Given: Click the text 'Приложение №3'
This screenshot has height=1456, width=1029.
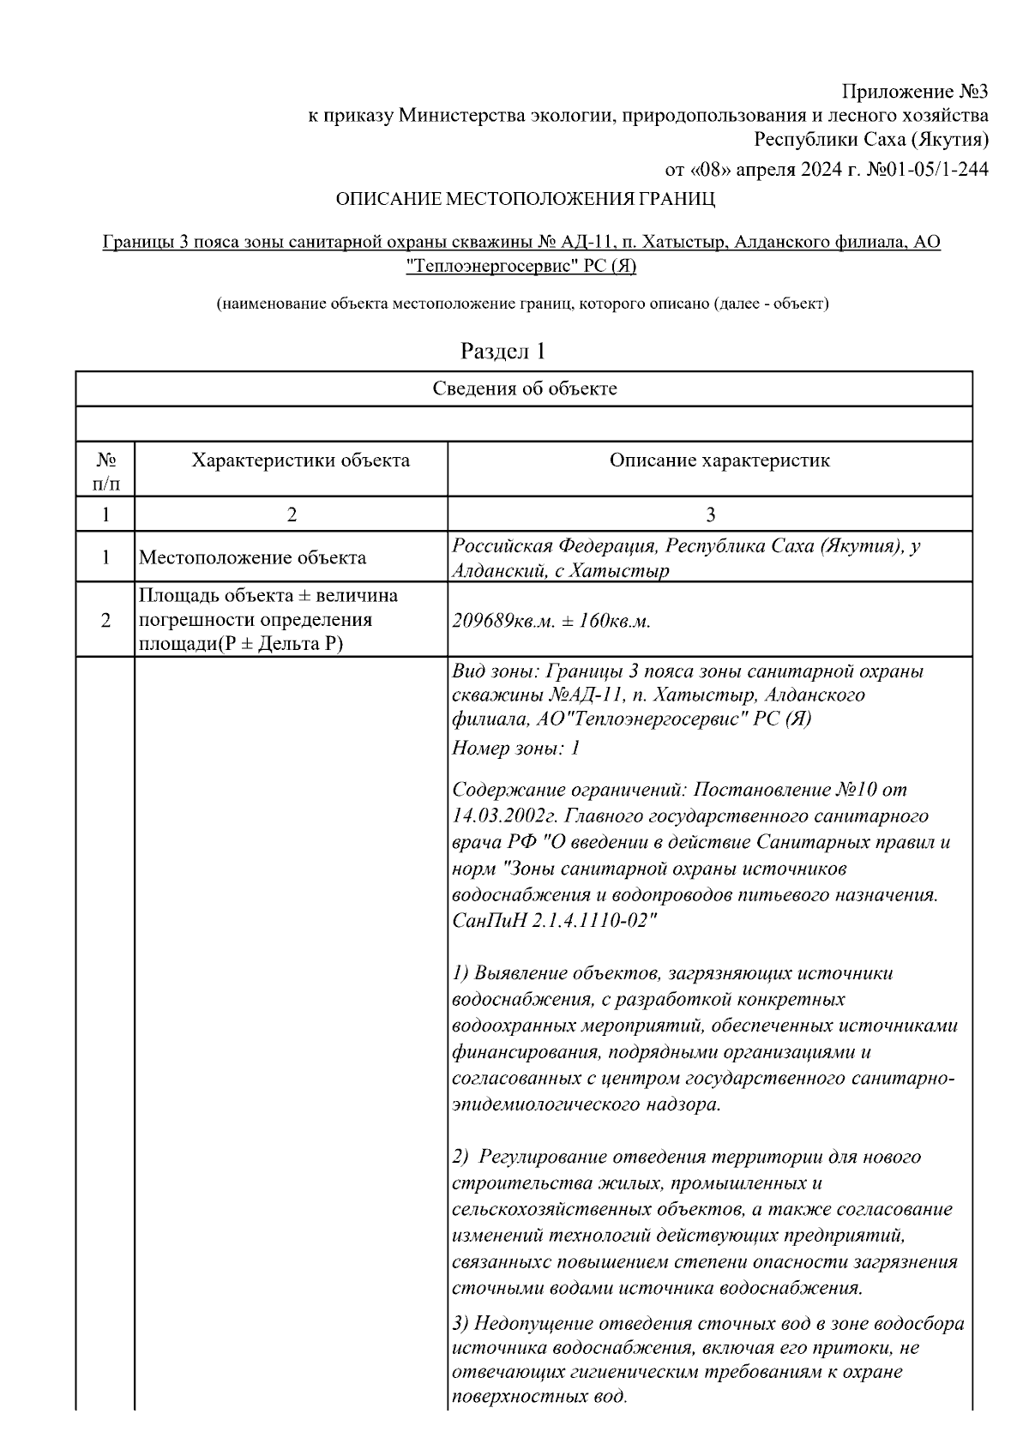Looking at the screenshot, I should tap(915, 92).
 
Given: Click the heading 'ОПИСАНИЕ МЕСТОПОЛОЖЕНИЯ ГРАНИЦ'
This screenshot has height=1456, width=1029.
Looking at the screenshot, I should tap(525, 200).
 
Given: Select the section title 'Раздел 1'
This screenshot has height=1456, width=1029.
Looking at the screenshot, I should tap(503, 351).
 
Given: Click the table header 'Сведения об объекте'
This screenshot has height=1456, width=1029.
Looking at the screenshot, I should tap(525, 388).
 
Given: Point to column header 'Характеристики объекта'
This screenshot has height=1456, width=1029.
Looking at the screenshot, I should tap(300, 460).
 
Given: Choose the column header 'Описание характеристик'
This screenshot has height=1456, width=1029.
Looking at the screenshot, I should tap(719, 460).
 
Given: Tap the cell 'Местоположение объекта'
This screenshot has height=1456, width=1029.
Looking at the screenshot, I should tap(253, 558).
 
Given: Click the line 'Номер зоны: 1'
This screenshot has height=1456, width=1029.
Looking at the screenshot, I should tap(516, 749).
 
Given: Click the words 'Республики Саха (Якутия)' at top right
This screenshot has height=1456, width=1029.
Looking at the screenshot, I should tap(870, 139).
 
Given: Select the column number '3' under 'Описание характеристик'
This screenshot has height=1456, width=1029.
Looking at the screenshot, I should tap(710, 514).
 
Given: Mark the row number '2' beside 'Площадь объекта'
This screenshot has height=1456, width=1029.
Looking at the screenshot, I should tap(105, 620).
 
